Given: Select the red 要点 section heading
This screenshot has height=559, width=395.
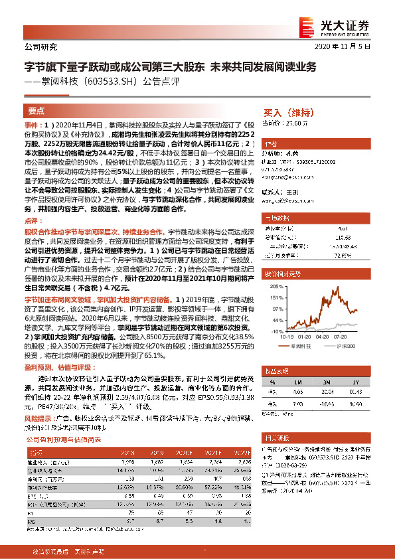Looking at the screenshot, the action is (x=37, y=111).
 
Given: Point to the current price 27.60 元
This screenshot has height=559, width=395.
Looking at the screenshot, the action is (x=295, y=123).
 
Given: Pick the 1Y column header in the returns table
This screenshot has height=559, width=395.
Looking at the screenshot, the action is (x=356, y=383).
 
